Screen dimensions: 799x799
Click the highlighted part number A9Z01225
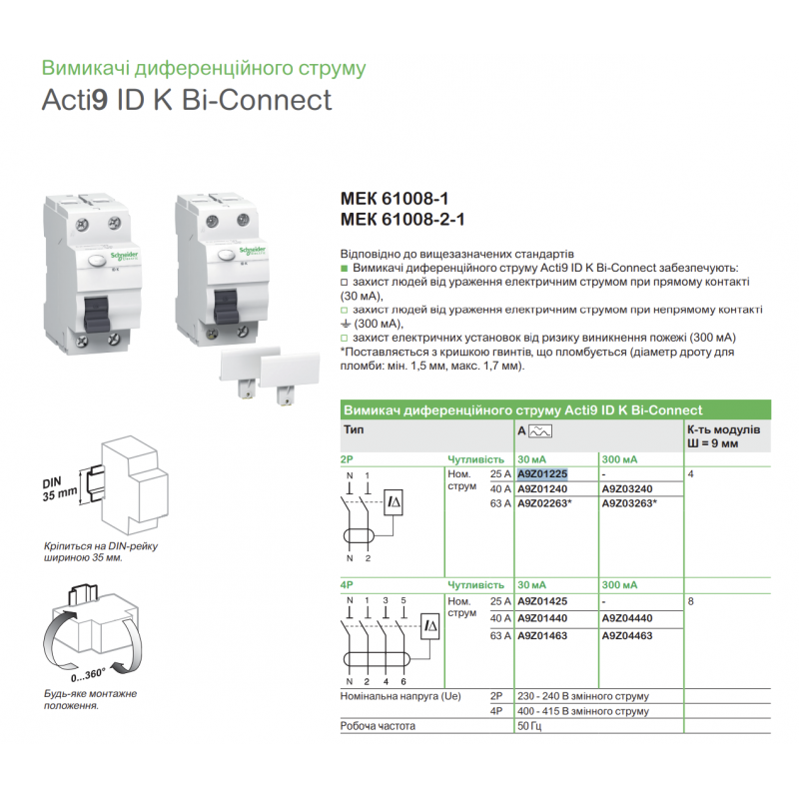542,473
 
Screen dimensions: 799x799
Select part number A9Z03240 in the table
627,489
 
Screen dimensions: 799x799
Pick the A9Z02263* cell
544,503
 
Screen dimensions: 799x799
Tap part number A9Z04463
627,635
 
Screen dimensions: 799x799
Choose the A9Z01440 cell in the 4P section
542,618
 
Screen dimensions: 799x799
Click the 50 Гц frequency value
529,726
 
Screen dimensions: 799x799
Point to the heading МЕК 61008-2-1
402,220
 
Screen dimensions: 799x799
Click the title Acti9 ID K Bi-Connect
187,99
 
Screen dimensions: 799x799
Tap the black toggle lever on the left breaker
96,314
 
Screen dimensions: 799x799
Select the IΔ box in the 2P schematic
394,502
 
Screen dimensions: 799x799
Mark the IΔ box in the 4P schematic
430,626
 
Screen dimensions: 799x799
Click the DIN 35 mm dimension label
60,489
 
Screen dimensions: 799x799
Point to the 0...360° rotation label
88,675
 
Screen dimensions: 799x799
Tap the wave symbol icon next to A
540,431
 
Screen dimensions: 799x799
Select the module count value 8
690,601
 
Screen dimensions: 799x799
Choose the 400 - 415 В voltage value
583,711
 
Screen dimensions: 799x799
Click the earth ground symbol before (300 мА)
346,324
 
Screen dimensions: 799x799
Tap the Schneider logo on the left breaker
124,256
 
